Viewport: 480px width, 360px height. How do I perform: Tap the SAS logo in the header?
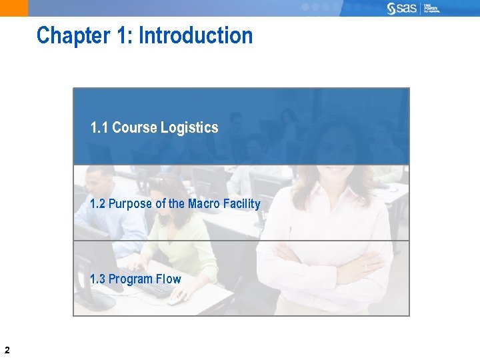(402, 8)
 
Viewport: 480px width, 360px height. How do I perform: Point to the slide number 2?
(7, 349)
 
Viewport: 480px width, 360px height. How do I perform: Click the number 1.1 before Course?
(99, 127)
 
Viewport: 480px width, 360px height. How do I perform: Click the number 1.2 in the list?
(97, 204)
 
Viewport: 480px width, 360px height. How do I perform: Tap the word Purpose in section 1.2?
(130, 204)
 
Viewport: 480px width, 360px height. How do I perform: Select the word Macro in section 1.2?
(203, 204)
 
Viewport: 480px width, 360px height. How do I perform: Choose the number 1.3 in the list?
(97, 279)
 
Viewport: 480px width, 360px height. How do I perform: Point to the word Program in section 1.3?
(131, 279)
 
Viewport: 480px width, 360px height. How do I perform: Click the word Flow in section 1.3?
(169, 279)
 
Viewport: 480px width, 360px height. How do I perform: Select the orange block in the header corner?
(14, 8)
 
